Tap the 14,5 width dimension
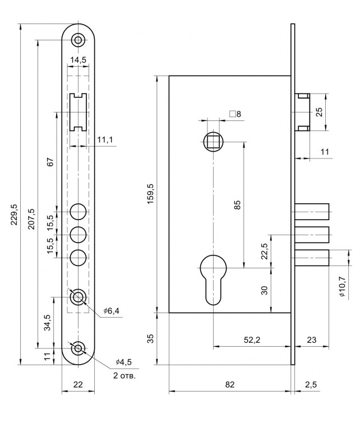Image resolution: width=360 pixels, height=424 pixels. click(78, 60)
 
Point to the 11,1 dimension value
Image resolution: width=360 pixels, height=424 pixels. click(104, 139)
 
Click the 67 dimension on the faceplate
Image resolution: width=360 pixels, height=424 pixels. click(50, 162)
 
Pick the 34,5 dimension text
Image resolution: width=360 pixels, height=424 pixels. click(48, 323)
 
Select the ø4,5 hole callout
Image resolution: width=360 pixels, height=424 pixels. click(123, 361)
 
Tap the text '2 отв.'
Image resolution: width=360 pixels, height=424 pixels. click(124, 375)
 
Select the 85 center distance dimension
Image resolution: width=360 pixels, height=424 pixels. click(237, 204)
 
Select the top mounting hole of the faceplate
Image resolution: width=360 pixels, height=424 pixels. click(78, 40)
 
